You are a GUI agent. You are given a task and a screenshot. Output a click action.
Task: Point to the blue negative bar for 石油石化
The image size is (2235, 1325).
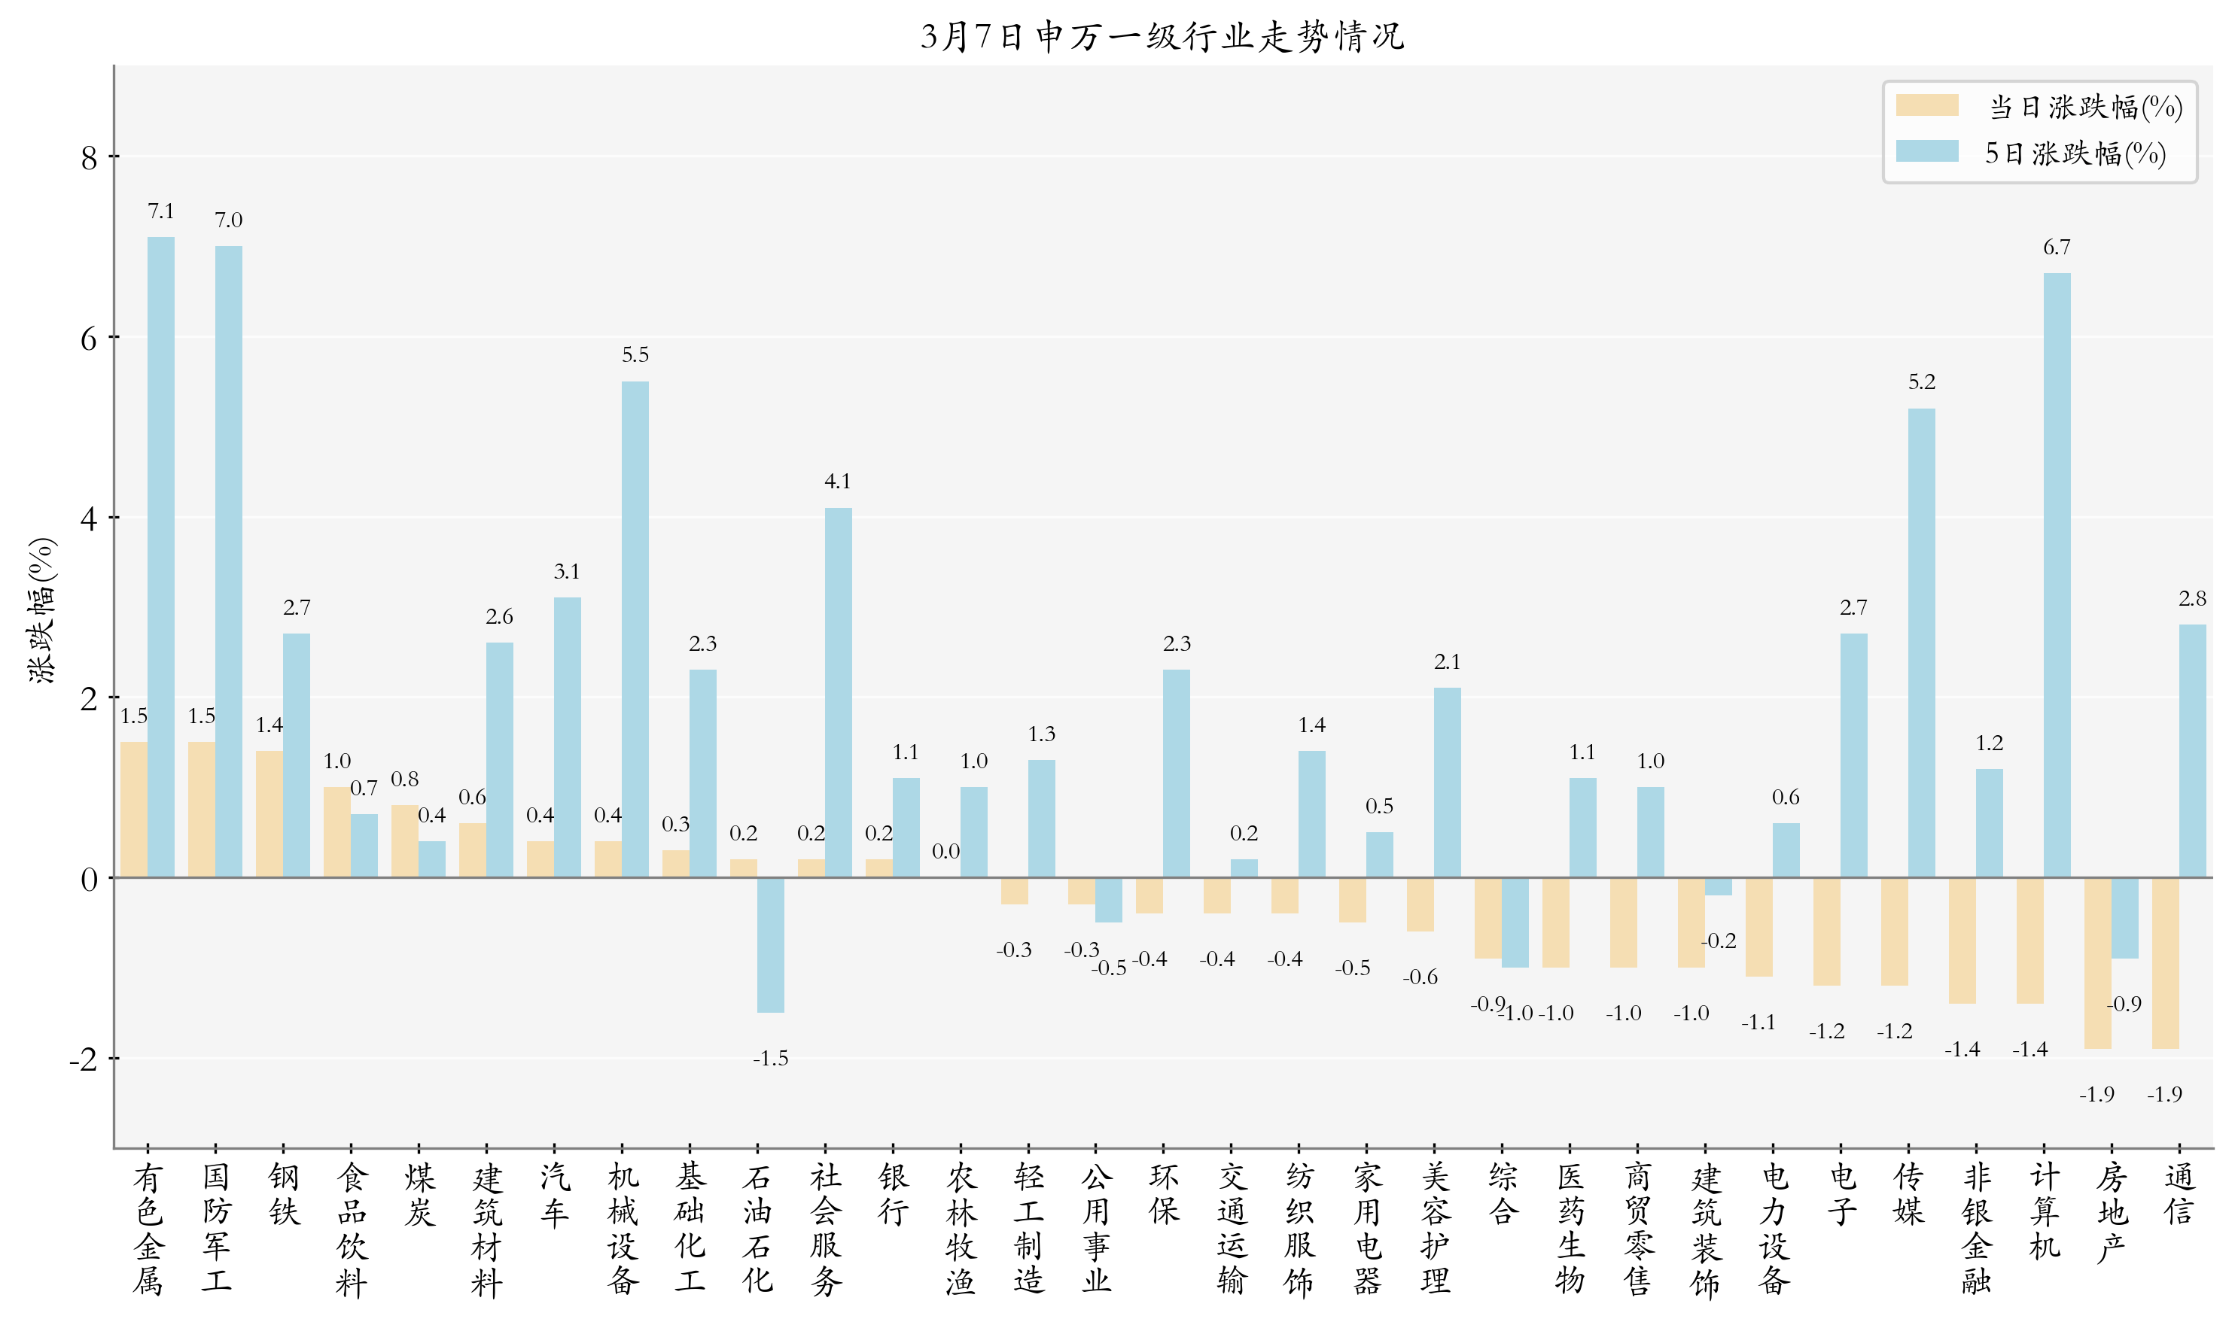click(x=770, y=944)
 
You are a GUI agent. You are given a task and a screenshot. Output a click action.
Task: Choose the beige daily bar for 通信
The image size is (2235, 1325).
click(x=2164, y=962)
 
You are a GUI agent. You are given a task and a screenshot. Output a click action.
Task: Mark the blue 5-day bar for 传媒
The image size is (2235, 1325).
click(x=1921, y=642)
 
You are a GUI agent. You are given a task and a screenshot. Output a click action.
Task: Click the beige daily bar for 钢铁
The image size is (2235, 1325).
click(x=269, y=813)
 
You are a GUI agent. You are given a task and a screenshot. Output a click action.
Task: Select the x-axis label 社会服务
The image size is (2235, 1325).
click(x=824, y=1229)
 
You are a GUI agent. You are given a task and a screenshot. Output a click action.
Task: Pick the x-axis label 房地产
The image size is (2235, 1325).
click(x=2111, y=1211)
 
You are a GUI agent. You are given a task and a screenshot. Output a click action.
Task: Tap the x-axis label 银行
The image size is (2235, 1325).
click(x=892, y=1194)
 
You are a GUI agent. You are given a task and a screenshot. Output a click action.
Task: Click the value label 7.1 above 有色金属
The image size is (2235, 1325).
click(x=161, y=211)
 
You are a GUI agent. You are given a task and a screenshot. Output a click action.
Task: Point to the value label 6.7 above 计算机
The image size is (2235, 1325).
click(x=2057, y=247)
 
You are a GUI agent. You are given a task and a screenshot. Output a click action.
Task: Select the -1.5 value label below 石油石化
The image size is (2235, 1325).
click(x=770, y=1058)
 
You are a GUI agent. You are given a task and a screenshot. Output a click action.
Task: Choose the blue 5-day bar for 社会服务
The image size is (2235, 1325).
click(x=838, y=692)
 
